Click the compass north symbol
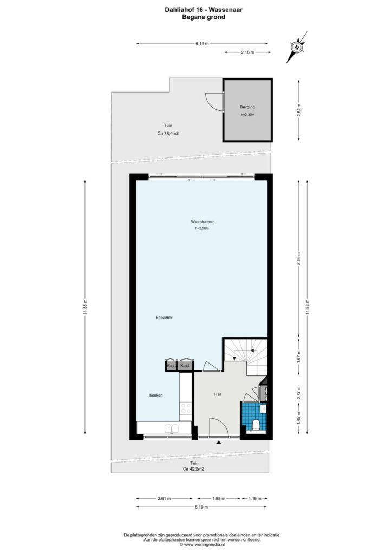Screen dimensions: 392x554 pyautogui.click(x=297, y=47)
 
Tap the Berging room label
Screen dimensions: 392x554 pyautogui.click(x=247, y=107)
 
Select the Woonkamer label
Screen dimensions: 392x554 pyautogui.click(x=202, y=222)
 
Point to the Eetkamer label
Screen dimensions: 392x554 pyautogui.click(x=164, y=318)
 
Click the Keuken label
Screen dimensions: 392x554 pyautogui.click(x=156, y=395)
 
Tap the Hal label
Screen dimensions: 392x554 pyautogui.click(x=218, y=394)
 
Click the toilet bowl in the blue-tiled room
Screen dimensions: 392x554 pyautogui.click(x=257, y=424)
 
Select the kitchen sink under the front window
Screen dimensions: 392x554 pyautogui.click(x=172, y=428)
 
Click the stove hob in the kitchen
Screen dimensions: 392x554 pyautogui.click(x=186, y=408)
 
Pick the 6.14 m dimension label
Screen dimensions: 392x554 pyautogui.click(x=202, y=44)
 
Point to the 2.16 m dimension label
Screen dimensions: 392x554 pyautogui.click(x=247, y=52)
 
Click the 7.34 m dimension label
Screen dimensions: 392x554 pyautogui.click(x=299, y=259)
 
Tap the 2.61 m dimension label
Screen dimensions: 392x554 pyautogui.click(x=164, y=498)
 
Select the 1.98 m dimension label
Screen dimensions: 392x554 pyautogui.click(x=219, y=498)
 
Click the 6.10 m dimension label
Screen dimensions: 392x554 pyautogui.click(x=201, y=507)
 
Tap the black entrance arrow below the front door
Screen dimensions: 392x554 pyautogui.click(x=219, y=442)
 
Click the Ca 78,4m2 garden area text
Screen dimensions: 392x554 pyautogui.click(x=168, y=134)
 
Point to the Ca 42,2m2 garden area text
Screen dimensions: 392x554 pyautogui.click(x=193, y=469)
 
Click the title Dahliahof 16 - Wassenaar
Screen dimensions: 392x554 pyautogui.click(x=204, y=10)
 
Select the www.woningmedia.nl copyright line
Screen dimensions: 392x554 pyautogui.click(x=202, y=545)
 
